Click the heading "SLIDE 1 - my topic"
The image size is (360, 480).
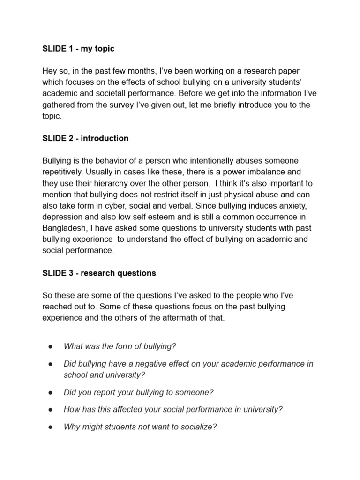click(78, 49)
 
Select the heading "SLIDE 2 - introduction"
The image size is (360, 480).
click(85, 138)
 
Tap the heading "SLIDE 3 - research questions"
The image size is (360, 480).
click(99, 273)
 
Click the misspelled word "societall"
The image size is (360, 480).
click(123, 93)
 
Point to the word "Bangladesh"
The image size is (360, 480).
click(65, 228)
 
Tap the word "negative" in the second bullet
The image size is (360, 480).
click(155, 364)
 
